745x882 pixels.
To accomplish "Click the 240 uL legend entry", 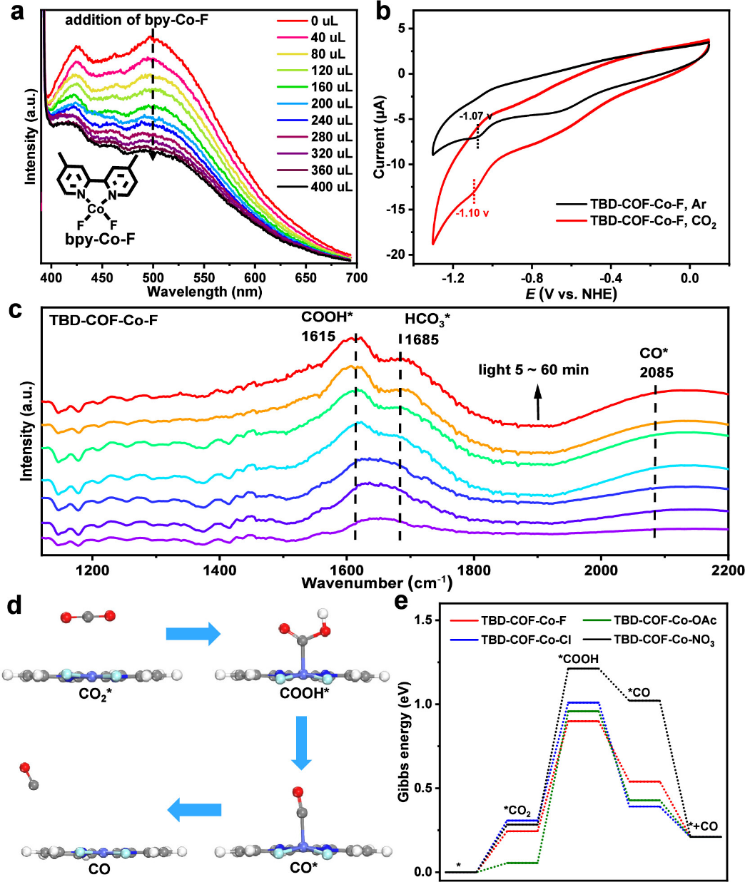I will pyautogui.click(x=331, y=120).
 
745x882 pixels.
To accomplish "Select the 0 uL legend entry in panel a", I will pyautogui.click(x=324, y=21).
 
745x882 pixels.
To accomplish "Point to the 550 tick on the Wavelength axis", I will pyautogui.click(x=204, y=278).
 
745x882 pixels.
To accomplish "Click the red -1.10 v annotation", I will pyautogui.click(x=473, y=212).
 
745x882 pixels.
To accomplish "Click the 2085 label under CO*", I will pyautogui.click(x=657, y=372).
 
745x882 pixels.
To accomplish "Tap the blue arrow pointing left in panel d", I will pyautogui.click(x=193, y=810).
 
